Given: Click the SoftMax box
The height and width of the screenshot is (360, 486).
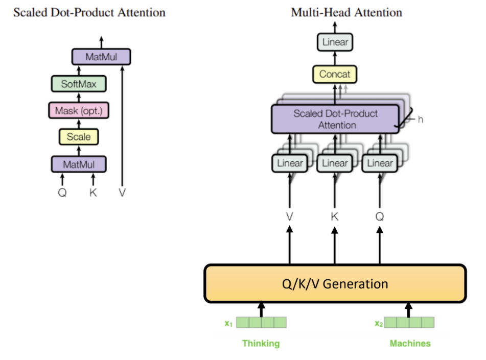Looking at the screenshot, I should click(79, 83).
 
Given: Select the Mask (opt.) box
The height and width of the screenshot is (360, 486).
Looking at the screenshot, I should click(79, 110).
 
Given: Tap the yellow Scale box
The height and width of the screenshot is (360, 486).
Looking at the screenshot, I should click(79, 137).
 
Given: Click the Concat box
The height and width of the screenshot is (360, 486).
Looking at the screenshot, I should click(335, 75).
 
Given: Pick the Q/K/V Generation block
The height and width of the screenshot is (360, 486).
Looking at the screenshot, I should click(335, 283).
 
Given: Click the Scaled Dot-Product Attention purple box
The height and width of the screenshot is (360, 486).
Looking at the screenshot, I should click(335, 119).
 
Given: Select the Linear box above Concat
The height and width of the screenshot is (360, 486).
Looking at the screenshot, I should click(335, 42).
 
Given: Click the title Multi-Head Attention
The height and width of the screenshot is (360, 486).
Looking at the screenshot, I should click(346, 12).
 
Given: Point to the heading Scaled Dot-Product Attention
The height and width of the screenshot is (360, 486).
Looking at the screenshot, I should click(89, 12).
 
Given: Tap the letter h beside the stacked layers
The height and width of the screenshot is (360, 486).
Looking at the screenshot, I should click(421, 119).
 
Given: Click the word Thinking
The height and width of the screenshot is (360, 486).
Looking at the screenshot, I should click(261, 343).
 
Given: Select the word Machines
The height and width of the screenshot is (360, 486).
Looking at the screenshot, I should click(410, 343).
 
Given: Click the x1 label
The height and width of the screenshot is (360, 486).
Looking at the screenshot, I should click(228, 323).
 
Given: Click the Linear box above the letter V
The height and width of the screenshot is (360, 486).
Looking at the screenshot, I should click(290, 163).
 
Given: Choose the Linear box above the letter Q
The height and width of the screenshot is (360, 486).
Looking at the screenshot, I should click(380, 163).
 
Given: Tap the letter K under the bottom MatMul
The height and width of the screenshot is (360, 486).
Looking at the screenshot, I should click(92, 193).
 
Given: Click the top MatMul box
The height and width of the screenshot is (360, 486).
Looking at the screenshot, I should click(101, 57).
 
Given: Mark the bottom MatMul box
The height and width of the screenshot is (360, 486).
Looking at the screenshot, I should click(79, 164).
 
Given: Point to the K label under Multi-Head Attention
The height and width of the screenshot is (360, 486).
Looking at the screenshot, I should click(335, 217).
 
